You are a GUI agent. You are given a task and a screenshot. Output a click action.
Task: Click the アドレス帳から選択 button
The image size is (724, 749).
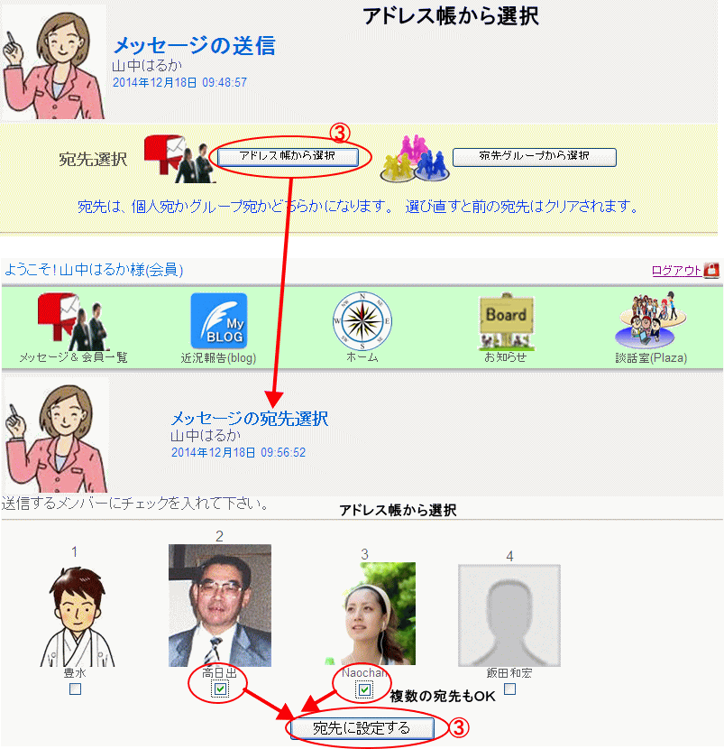click(288, 157)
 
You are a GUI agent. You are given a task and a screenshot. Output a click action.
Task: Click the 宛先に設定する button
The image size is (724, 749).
click(362, 728)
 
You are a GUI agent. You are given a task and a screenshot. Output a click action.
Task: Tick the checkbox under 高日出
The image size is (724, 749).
click(220, 689)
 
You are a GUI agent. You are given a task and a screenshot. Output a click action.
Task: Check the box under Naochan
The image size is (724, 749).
click(364, 689)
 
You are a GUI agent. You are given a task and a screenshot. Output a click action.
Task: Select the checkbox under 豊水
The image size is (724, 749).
click(76, 689)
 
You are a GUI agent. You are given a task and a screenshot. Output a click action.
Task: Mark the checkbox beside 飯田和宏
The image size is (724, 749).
click(510, 689)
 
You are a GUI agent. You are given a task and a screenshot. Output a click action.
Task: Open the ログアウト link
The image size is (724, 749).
click(676, 271)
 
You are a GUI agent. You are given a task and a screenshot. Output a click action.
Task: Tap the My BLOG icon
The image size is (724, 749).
click(219, 320)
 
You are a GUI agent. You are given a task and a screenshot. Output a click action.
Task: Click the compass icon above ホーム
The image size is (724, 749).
click(362, 321)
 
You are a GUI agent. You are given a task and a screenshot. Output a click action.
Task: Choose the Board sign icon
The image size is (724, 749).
click(507, 320)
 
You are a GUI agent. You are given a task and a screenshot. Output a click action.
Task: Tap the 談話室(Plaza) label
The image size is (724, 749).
click(651, 357)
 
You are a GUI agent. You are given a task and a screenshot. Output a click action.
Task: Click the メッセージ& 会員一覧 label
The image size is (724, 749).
click(74, 357)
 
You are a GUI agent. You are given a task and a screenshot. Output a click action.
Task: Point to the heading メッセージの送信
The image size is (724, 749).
click(194, 46)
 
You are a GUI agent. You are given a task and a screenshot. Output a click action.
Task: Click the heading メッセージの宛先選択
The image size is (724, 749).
click(250, 419)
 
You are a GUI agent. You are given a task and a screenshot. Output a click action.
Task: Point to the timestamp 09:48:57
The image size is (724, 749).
click(225, 83)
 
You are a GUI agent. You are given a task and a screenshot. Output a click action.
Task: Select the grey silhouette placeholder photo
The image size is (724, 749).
click(509, 615)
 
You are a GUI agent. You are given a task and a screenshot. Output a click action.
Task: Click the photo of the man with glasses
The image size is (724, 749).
click(220, 606)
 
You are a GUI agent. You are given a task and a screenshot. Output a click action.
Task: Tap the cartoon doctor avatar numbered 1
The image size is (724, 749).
click(77, 616)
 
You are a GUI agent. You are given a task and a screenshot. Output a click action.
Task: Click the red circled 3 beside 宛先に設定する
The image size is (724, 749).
click(459, 727)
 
